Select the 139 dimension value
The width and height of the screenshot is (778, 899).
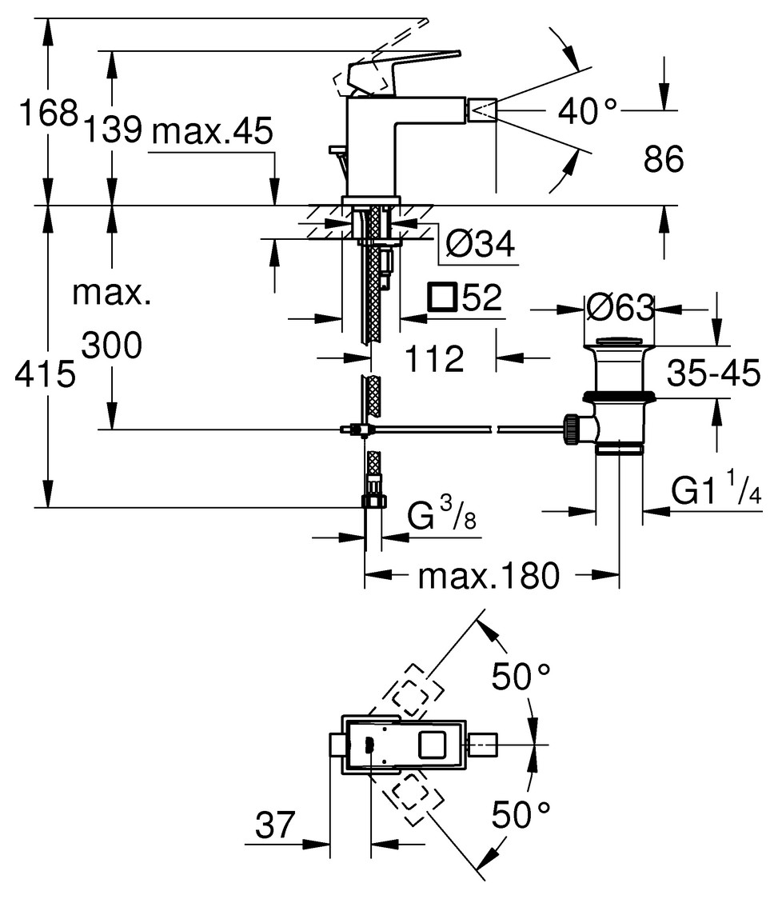pyautogui.click(x=114, y=129)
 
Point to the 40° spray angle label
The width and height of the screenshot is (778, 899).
pyautogui.click(x=588, y=112)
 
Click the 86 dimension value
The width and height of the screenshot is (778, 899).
pyautogui.click(x=664, y=161)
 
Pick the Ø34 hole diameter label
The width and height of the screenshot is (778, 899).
pyautogui.click(x=479, y=245)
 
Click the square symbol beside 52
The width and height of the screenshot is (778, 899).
pyautogui.click(x=442, y=298)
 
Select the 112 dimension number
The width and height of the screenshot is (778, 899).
pyautogui.click(x=434, y=359)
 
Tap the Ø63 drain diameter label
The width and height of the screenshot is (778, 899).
pyautogui.click(x=619, y=307)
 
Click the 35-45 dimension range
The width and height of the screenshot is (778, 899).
pyautogui.click(x=713, y=373)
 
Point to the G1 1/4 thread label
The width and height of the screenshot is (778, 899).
pyautogui.click(x=715, y=490)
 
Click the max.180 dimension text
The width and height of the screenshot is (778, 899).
pyautogui.click(x=488, y=576)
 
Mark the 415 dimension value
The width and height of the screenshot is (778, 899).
pyautogui.click(x=44, y=374)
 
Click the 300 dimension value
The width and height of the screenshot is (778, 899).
pyautogui.click(x=111, y=346)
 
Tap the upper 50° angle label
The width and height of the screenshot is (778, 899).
pyautogui.click(x=521, y=678)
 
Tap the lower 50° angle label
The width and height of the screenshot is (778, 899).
pyautogui.click(x=521, y=815)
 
